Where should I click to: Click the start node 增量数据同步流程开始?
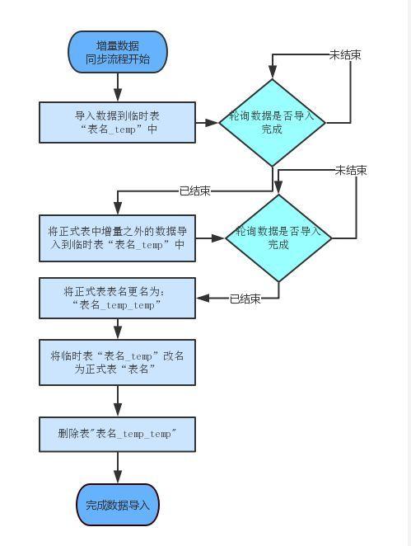pyautogui.click(x=118, y=53)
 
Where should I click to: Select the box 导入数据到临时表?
pyautogui.click(x=118, y=122)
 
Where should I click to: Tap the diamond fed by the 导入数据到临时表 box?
pyautogui.click(x=272, y=122)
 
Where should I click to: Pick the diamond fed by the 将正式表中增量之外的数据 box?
pyautogui.click(x=278, y=238)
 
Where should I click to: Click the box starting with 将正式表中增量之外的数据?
pyautogui.click(x=118, y=238)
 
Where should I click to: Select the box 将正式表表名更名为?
pyautogui.click(x=118, y=298)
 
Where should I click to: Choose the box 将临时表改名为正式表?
pyautogui.click(x=118, y=362)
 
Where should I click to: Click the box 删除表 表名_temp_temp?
pyautogui.click(x=118, y=434)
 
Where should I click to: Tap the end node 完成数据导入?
pyautogui.click(x=118, y=505)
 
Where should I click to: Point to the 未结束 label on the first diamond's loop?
pyautogui.click(x=345, y=54)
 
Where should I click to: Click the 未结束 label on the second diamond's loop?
pyautogui.click(x=350, y=170)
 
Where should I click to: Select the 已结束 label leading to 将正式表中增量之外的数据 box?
pyautogui.click(x=194, y=191)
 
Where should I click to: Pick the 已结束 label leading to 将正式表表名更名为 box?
pyautogui.click(x=245, y=299)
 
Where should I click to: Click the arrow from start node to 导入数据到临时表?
pyautogui.click(x=118, y=87)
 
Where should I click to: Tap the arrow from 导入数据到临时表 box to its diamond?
pyautogui.click(x=207, y=122)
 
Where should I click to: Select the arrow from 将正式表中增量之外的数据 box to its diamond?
pyautogui.click(x=211, y=238)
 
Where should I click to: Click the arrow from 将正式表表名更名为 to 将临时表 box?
pyautogui.click(x=118, y=328)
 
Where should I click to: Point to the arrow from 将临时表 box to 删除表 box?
pyautogui.click(x=118, y=401)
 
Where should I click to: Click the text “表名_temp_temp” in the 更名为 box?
pyautogui.click(x=117, y=305)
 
